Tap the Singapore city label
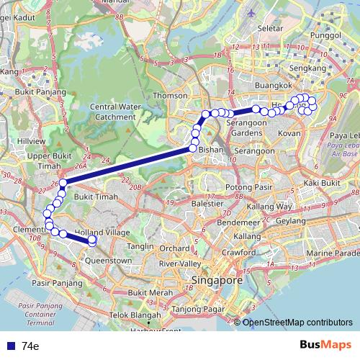coord(216,279)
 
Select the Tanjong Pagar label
coord(196,310)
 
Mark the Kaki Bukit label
coord(321,183)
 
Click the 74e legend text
coord(30,346)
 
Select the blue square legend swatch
coord(10,346)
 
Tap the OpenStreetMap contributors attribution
coord(298,323)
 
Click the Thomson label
coord(170,95)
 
